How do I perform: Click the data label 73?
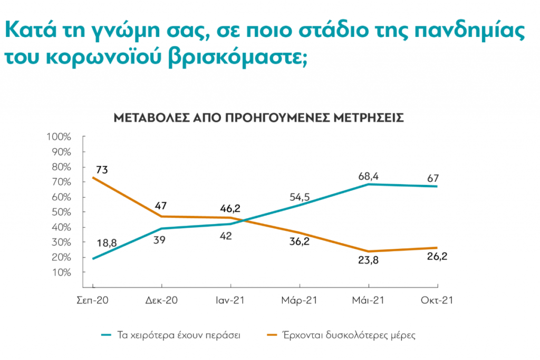[102, 169]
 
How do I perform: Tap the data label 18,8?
[107, 243]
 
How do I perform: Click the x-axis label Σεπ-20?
[93, 300]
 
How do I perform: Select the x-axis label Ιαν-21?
[231, 300]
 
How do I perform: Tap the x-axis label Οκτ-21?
[437, 300]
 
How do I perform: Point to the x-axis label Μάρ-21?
[300, 300]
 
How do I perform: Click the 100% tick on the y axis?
[59, 137]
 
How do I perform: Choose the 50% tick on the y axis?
[60, 212]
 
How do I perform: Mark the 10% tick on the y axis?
[60, 273]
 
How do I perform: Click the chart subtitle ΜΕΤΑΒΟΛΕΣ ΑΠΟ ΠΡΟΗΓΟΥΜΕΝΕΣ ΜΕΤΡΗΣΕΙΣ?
[259, 118]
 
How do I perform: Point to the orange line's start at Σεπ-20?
[93, 178]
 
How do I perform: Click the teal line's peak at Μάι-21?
[368, 184]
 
